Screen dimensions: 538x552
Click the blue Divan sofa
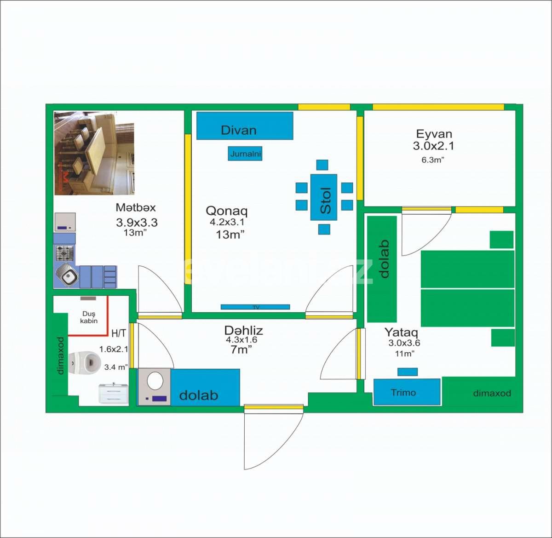point(245,126)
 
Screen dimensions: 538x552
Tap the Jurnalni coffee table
point(245,154)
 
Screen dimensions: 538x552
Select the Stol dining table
point(324,197)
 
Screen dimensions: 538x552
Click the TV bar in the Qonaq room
point(255,307)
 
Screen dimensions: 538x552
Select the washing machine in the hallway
point(154,387)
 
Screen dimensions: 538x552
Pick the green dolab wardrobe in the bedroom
point(382,269)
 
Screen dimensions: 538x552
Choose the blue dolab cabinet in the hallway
point(205,387)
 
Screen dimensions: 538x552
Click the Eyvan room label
point(434,134)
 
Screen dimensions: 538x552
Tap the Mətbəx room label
point(136,207)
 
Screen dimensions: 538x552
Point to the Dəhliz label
point(244,330)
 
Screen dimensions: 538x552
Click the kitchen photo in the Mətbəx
point(94,153)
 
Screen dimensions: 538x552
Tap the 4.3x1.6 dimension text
point(241,340)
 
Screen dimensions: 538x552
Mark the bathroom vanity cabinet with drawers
point(114,395)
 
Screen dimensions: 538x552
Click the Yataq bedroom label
point(401,332)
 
